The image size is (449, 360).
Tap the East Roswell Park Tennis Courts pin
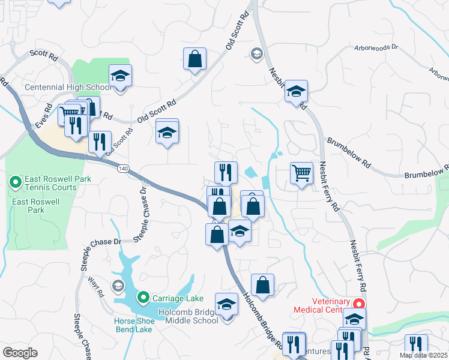pos(14,181)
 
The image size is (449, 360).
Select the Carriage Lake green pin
pos(143,298)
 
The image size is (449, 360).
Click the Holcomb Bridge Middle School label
pos(188,316)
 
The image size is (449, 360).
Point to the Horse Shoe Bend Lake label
pos(134,325)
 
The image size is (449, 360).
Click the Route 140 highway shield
pos(123,169)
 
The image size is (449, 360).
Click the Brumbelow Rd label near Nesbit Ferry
pos(349,148)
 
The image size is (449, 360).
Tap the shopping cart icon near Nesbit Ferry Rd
pos(301,174)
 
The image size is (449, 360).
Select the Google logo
pos(20,353)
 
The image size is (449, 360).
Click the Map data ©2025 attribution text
pos(424,355)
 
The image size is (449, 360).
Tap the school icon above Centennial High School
pos(120,76)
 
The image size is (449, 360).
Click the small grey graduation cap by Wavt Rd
pos(118,284)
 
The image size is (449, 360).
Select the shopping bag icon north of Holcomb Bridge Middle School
pos(262,285)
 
